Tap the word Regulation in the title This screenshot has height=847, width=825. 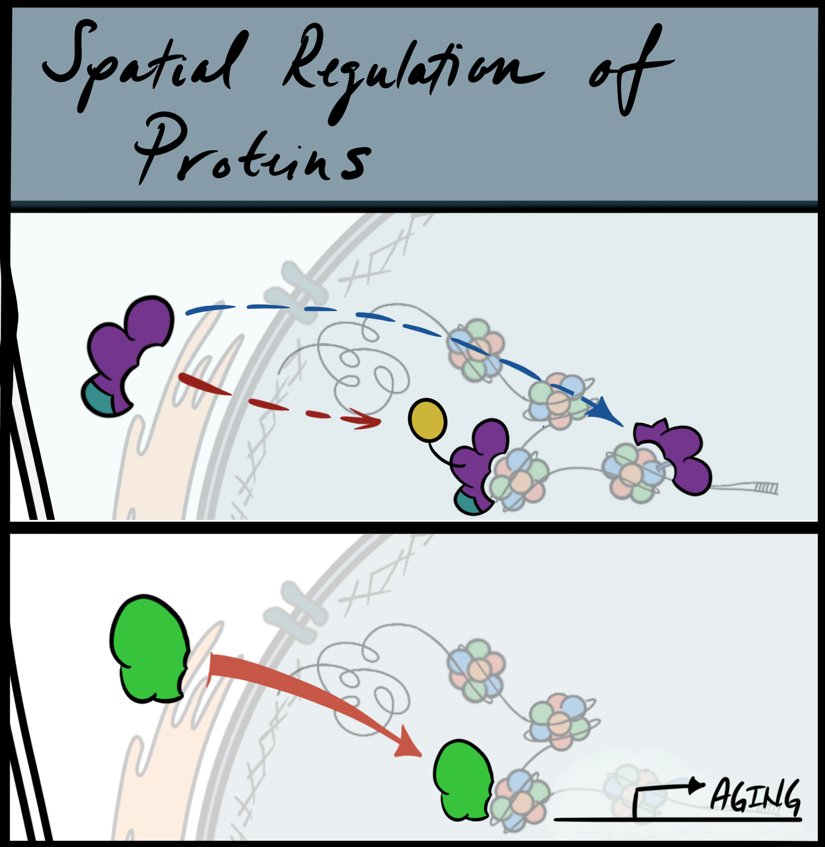[410, 71]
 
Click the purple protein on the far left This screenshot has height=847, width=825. [132, 344]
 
